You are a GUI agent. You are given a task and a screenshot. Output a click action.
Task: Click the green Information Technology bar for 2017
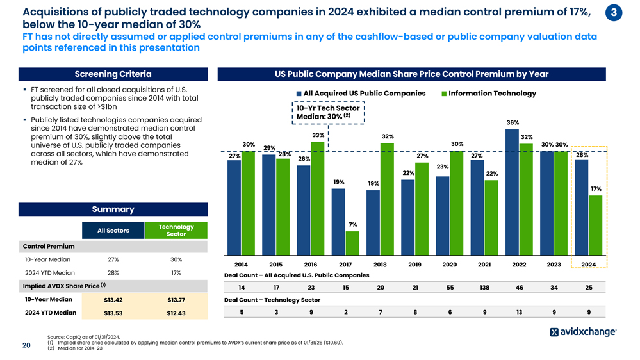tap(352, 242)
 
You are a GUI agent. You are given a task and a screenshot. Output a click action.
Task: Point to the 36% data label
tap(512, 122)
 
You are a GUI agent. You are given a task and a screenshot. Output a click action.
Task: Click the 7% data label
tap(352, 224)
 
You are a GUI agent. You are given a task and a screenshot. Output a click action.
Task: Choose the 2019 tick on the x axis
tap(414, 265)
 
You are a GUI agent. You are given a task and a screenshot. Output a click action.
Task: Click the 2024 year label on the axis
tap(588, 265)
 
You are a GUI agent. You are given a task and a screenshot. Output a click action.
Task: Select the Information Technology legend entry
tap(488, 94)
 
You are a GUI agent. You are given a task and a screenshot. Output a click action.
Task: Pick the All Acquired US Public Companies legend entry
tap(359, 94)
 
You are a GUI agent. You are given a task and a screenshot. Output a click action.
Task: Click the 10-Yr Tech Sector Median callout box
tap(327, 112)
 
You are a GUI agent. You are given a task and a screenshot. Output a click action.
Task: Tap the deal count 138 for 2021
tap(484, 287)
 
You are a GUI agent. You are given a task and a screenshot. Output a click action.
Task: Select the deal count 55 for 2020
tap(450, 287)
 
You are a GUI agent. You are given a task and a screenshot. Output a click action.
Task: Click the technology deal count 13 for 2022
tap(519, 312)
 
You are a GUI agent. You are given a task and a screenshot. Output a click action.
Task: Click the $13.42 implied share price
tap(113, 299)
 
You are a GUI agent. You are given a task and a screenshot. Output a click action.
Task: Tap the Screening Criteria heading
tap(113, 74)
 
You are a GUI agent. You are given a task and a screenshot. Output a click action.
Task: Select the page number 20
tap(27, 346)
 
